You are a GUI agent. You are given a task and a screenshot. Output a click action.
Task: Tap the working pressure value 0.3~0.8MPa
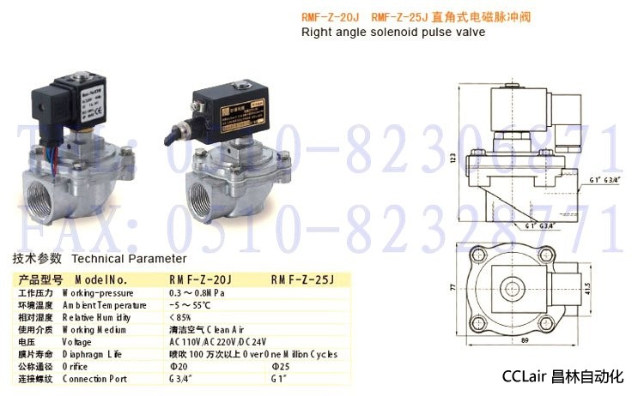click(196, 292)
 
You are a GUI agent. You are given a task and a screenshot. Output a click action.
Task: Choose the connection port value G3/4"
click(182, 378)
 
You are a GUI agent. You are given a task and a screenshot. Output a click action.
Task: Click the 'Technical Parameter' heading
click(129, 257)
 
